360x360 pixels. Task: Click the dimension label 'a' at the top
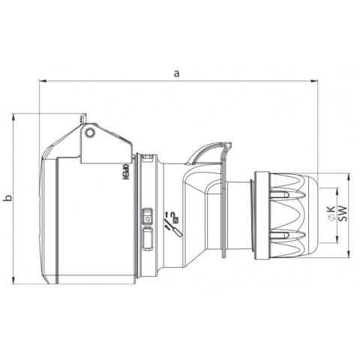coord(178,73)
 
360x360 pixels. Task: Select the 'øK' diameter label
coord(331,212)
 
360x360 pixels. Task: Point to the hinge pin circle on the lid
coord(90,133)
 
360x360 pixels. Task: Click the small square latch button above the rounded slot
coord(146,215)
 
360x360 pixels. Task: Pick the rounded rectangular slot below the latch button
coord(146,239)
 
